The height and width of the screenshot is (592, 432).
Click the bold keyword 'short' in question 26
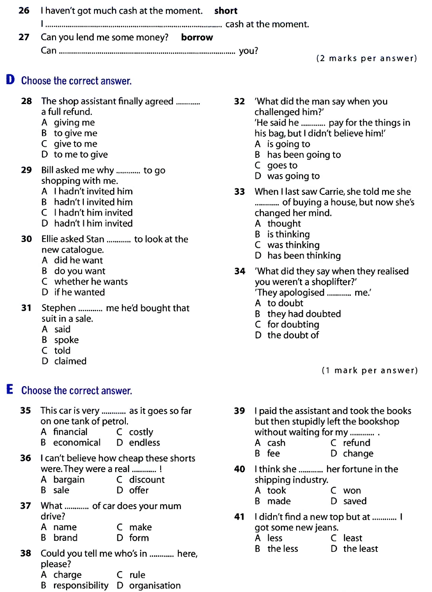[x=225, y=11]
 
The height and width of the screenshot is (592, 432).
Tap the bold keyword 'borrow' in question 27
[x=197, y=37]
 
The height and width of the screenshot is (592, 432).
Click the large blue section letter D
[x=10, y=80]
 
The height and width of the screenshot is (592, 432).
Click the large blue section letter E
[x=10, y=390]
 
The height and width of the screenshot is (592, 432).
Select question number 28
[x=26, y=101]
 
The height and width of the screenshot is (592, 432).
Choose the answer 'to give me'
[x=75, y=133]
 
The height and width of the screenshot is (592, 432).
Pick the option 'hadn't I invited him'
[x=93, y=202]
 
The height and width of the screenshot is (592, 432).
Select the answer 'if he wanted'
[x=79, y=292]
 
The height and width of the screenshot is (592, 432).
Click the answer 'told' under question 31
[x=62, y=350]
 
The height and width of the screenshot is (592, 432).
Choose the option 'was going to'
[x=293, y=176]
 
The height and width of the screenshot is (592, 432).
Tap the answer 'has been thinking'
[x=304, y=256]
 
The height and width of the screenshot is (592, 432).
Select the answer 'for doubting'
[x=293, y=324]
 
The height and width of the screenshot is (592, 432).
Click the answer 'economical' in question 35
[x=77, y=443]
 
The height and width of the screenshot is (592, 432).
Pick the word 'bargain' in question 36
[x=69, y=480]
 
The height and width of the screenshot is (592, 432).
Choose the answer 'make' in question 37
[x=140, y=527]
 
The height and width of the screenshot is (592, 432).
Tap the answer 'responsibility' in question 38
[x=81, y=585]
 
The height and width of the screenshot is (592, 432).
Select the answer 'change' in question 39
[x=358, y=454]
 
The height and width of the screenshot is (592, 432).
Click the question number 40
[x=239, y=469]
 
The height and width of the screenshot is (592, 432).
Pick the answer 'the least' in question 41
[x=361, y=549]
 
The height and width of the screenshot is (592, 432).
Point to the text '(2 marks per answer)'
[x=366, y=58]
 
